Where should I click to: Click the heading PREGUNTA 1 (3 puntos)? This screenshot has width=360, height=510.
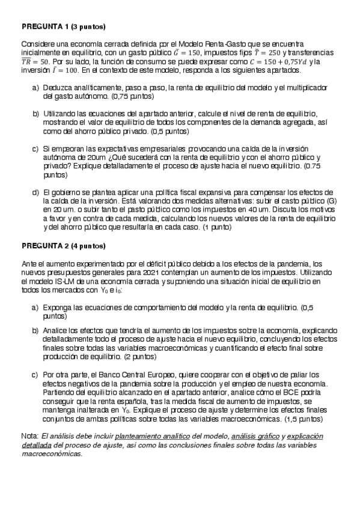click(63, 28)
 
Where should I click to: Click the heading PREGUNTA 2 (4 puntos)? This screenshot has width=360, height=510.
click(63, 247)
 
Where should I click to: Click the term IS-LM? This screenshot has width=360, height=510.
click(58, 281)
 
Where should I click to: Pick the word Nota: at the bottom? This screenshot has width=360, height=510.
click(29, 435)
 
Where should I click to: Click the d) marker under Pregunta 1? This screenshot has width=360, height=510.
click(35, 192)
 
